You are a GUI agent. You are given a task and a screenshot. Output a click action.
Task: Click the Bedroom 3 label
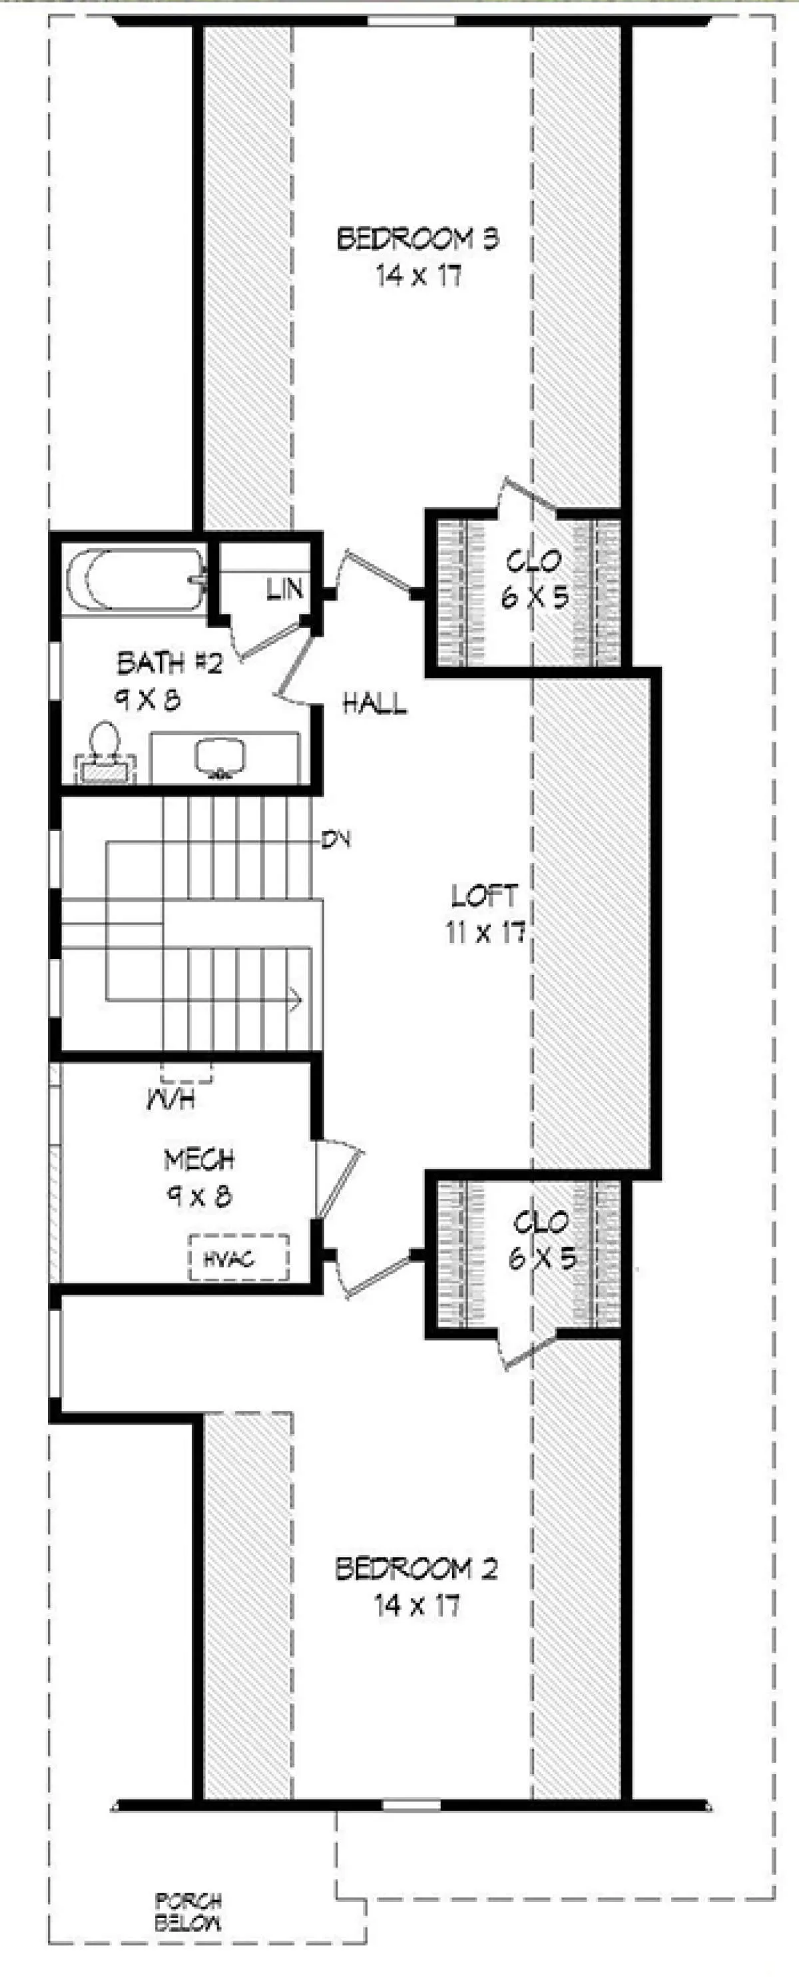417,238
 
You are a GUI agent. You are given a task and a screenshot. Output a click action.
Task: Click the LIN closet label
284,590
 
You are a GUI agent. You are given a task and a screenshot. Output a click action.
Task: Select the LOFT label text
485,896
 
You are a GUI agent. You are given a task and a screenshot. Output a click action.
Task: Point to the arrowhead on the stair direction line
294,1000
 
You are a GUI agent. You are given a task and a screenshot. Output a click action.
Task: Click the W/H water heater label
170,1100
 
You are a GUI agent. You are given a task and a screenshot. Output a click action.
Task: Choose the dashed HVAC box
239,1258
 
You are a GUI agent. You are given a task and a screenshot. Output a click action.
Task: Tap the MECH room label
199,1159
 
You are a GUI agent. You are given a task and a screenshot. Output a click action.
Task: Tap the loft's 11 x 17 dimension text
485,932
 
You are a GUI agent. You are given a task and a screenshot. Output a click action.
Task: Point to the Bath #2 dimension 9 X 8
148,699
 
